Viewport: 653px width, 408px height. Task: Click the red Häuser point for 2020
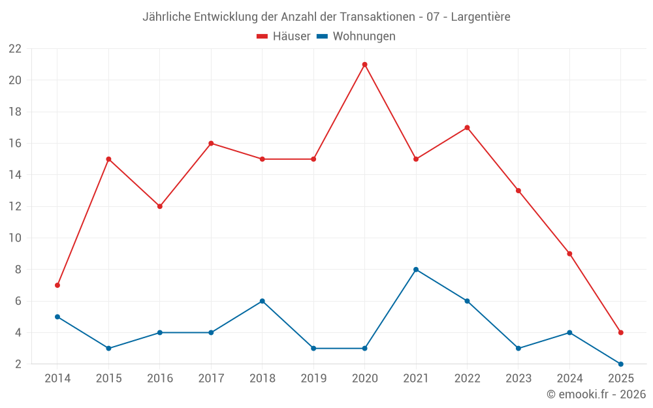[x=364, y=65]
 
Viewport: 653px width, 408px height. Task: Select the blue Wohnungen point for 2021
[x=416, y=270]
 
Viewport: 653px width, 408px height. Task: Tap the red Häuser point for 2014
[x=57, y=285]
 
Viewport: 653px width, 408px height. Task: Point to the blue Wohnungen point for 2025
[x=620, y=364]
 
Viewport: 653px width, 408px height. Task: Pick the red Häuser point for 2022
[x=467, y=128]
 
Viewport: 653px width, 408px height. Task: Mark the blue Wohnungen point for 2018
[x=262, y=301]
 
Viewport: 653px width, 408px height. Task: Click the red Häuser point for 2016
[x=160, y=206]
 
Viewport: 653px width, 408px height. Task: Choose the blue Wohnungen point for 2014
[x=57, y=317]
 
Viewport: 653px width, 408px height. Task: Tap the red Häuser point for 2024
[x=569, y=254]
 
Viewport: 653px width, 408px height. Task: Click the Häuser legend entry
[x=283, y=37]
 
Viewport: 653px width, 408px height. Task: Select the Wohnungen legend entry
[x=356, y=37]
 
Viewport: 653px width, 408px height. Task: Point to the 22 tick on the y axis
[x=15, y=49]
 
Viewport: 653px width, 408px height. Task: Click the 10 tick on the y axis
[x=15, y=238]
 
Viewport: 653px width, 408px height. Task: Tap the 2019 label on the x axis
[x=313, y=379]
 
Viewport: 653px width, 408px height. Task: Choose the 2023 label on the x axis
[x=518, y=379]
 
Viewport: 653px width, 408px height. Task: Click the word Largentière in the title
[x=480, y=17]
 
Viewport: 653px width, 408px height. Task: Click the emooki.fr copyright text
[x=596, y=394]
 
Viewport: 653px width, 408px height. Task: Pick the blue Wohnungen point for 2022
[x=467, y=301]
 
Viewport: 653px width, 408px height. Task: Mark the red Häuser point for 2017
[x=211, y=144]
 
